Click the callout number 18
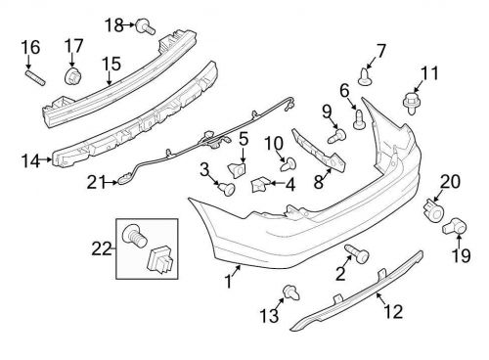point(114,23)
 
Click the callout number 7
point(380,50)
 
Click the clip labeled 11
point(409,98)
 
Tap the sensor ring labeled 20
point(433,211)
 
